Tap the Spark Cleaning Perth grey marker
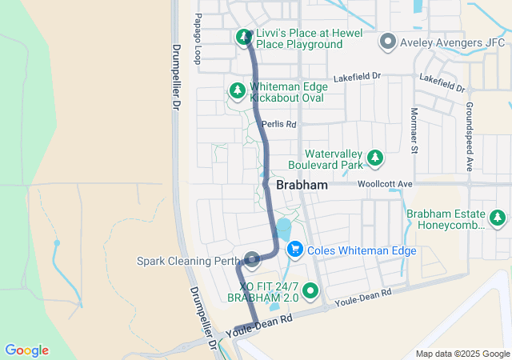tap(253, 259)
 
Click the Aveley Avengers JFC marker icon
tap(388, 40)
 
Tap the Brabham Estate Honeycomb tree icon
tap(498, 218)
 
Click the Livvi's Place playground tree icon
tap(243, 37)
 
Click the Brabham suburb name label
tap(302, 185)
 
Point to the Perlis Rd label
tap(279, 125)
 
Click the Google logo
tap(26, 350)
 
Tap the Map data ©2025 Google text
tap(462, 354)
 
